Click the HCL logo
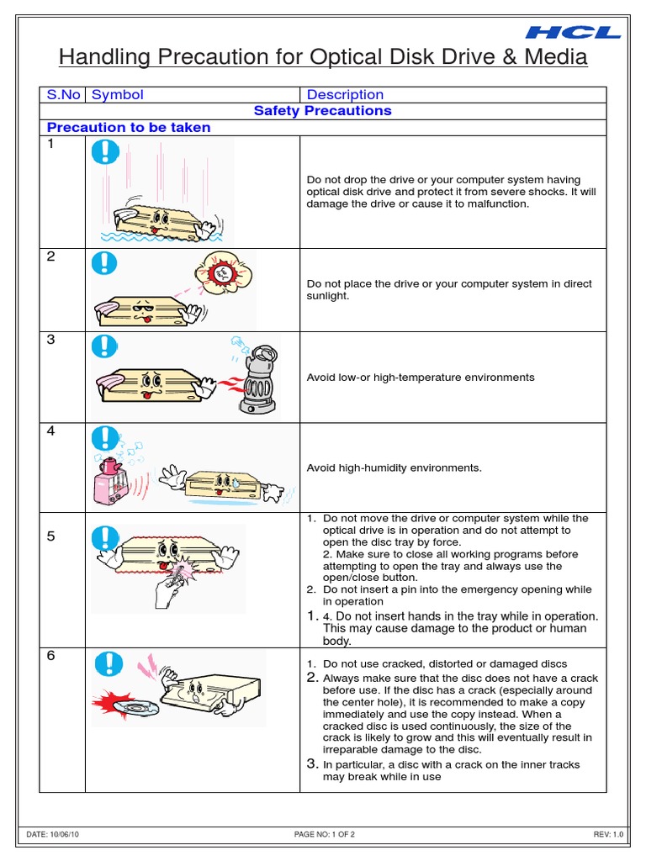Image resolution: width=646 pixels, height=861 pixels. pos(573,33)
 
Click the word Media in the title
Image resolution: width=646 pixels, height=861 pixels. pos(548,58)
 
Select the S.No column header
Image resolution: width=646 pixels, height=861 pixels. pos(63,95)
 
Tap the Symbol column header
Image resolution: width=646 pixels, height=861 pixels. pos(118,95)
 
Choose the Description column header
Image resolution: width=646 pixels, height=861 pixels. pos(345,95)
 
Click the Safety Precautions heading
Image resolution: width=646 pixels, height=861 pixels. pos(323,111)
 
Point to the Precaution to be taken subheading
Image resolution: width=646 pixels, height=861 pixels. pos(129,128)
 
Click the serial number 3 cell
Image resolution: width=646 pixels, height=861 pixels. pos(51,341)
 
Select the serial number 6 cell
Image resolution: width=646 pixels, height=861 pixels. pos(51,656)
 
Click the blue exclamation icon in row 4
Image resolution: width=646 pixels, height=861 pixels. pos(105,437)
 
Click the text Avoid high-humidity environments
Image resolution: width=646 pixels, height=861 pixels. pos(394,468)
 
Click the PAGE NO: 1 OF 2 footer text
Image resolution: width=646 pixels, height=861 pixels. pos(324,834)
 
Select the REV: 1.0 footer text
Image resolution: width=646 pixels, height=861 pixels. pos(608,834)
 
